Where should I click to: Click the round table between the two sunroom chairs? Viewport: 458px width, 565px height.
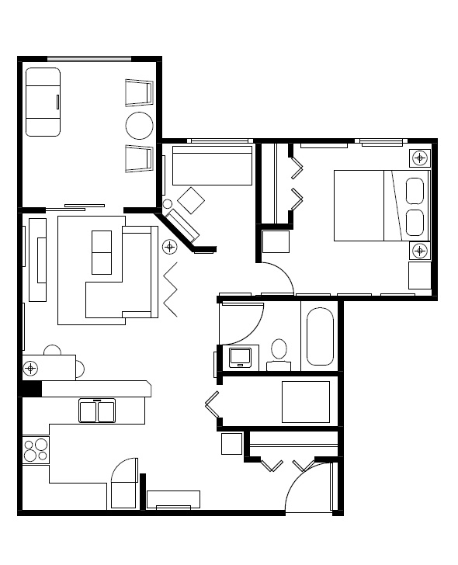(141, 126)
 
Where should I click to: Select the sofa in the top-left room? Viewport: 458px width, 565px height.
(43, 102)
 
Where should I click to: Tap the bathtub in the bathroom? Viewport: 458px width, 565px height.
(320, 337)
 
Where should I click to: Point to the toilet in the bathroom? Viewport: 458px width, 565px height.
(279, 350)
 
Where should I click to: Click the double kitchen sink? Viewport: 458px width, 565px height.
(97, 410)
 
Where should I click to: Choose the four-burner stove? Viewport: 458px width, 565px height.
(36, 450)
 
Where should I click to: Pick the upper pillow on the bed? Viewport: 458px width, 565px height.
(415, 191)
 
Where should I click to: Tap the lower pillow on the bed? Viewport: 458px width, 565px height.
(415, 223)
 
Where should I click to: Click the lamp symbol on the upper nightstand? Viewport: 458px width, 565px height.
(420, 158)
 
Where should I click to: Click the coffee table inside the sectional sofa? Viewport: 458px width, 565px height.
(102, 252)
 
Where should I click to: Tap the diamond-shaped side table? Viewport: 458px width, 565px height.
(191, 202)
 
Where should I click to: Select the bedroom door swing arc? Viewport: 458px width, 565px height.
(278, 276)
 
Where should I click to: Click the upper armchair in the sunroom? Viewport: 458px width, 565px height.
(138, 93)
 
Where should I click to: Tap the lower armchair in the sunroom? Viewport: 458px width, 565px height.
(138, 158)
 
